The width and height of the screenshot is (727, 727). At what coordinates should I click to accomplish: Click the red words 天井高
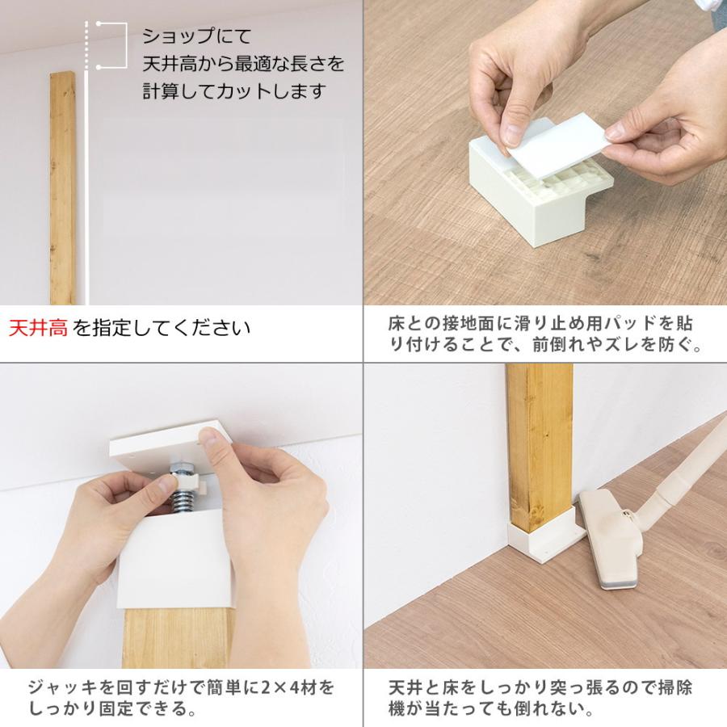pyautogui.click(x=39, y=328)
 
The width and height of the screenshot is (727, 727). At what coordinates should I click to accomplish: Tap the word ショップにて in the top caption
pyautogui.click(x=196, y=36)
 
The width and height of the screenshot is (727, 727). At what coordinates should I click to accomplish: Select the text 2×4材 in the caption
pyautogui.click(x=292, y=687)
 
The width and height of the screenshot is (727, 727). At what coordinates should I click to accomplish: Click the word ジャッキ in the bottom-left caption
pyautogui.click(x=63, y=687)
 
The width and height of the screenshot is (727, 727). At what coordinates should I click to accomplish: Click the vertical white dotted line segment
pyautogui.click(x=86, y=45)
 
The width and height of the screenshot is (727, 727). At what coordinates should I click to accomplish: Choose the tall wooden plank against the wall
pyautogui.click(x=63, y=187)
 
